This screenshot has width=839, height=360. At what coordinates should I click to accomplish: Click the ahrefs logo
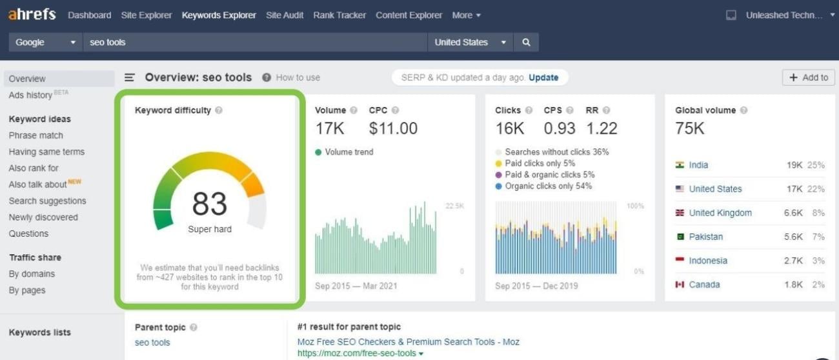(x=32, y=14)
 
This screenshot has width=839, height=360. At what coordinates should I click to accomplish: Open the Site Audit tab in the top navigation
(x=285, y=15)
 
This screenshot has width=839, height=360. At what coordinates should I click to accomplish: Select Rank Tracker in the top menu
(x=339, y=15)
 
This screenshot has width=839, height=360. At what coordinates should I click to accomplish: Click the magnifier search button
(x=526, y=43)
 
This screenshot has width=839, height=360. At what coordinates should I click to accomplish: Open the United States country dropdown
(x=470, y=43)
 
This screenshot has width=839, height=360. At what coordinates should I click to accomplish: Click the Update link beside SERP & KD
(x=543, y=77)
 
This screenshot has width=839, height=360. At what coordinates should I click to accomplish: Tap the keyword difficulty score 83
(x=210, y=205)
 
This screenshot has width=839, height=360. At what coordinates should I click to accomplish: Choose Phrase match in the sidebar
(x=36, y=135)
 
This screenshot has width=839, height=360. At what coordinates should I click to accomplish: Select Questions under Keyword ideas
(x=28, y=234)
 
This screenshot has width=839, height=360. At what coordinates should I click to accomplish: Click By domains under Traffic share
(x=32, y=274)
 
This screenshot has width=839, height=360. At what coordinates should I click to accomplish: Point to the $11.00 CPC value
(x=393, y=128)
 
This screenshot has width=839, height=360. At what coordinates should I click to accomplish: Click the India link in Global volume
(x=698, y=165)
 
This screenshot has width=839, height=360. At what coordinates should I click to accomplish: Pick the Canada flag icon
(x=680, y=285)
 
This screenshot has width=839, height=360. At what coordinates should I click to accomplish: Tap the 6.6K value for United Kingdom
(x=793, y=213)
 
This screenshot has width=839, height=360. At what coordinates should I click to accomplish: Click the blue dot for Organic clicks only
(x=499, y=186)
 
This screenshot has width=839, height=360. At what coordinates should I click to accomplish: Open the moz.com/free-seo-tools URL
(x=358, y=354)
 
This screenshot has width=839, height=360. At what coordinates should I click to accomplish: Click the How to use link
(x=298, y=77)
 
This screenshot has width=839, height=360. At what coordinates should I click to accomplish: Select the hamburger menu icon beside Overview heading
(x=130, y=77)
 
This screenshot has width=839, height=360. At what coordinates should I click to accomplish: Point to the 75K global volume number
(x=690, y=128)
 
